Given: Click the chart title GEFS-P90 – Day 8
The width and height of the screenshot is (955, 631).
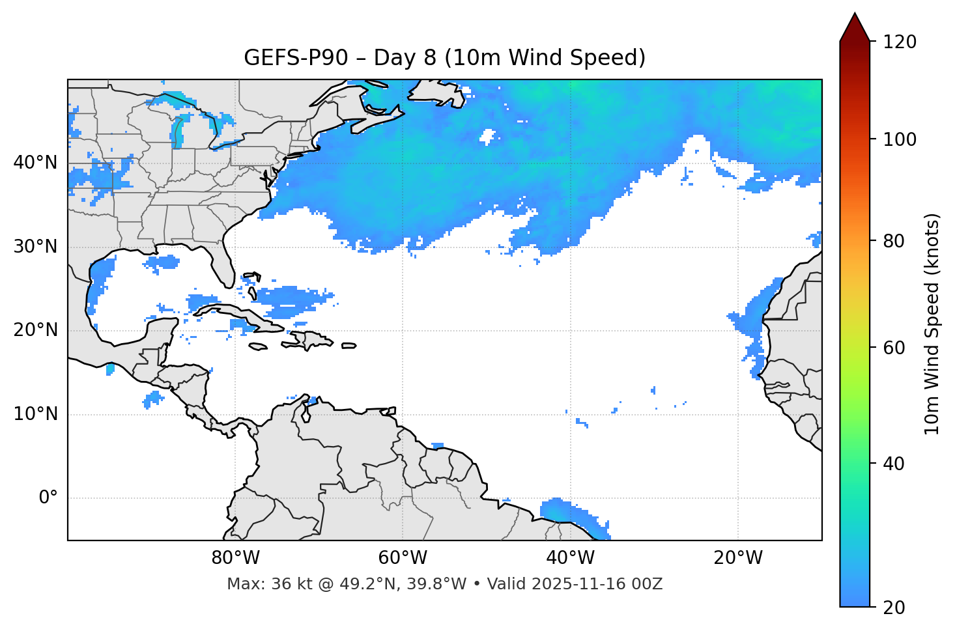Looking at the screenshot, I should pyautogui.click(x=444, y=58).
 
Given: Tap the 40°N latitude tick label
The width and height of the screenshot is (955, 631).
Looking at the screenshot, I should pyautogui.click(x=35, y=163).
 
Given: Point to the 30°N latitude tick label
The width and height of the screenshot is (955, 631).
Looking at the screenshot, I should pyautogui.click(x=35, y=247).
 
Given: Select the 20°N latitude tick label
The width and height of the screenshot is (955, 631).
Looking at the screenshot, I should pyautogui.click(x=35, y=330).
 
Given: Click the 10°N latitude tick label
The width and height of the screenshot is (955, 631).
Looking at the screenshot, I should pyautogui.click(x=35, y=414).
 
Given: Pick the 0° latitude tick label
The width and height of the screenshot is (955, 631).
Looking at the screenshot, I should pyautogui.click(x=48, y=498).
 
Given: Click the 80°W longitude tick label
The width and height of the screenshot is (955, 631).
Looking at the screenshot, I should pyautogui.click(x=235, y=558).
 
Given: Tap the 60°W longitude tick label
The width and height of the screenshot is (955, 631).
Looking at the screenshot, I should pyautogui.click(x=403, y=558).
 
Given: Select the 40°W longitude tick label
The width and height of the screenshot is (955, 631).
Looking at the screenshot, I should pyautogui.click(x=570, y=558).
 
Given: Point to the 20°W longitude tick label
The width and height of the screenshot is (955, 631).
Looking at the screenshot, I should pyautogui.click(x=737, y=558).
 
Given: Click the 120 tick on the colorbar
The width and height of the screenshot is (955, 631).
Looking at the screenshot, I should pyautogui.click(x=899, y=42).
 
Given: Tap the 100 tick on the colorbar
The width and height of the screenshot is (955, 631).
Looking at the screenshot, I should pyautogui.click(x=899, y=139).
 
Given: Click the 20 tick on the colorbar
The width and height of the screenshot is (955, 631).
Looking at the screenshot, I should pyautogui.click(x=895, y=608).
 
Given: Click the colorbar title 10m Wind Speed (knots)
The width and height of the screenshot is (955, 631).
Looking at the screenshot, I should pyautogui.click(x=932, y=324).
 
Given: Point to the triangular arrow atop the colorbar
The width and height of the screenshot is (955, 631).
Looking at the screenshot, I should pyautogui.click(x=855, y=27).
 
